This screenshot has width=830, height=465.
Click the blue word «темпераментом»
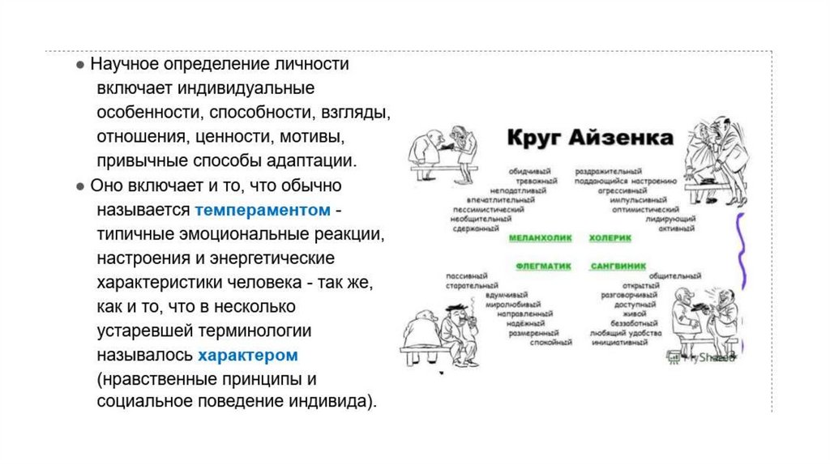pos(263,211)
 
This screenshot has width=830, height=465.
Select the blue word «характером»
pos(248,355)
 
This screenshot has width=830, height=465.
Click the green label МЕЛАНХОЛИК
pos(540,238)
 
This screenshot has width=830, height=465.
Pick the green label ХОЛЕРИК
pos(610,238)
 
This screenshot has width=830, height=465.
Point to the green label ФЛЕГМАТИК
pos(542,265)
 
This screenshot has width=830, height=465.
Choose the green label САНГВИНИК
pos(617,265)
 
